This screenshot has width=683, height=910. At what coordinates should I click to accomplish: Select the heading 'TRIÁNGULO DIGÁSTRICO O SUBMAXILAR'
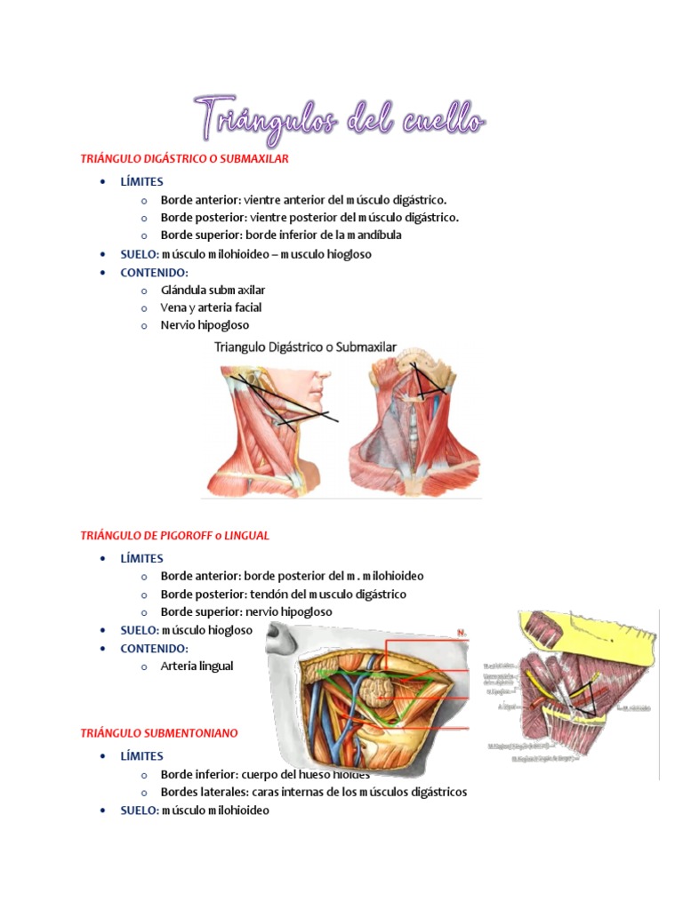click(185, 158)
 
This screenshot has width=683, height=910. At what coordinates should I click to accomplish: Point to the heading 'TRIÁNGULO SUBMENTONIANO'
click(159, 733)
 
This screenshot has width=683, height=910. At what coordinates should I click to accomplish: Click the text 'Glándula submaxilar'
click(213, 290)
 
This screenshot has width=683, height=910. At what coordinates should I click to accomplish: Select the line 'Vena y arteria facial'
click(211, 307)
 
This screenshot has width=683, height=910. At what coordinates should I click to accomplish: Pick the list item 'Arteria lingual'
click(197, 666)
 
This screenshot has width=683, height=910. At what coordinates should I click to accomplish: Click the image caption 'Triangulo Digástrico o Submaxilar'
click(305, 348)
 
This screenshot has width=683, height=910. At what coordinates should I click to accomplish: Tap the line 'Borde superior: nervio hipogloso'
click(246, 612)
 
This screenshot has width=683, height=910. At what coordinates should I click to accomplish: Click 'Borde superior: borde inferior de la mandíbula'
click(281, 235)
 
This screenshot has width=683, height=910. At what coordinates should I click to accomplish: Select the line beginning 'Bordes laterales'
click(313, 792)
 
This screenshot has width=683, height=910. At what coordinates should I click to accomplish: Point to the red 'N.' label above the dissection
click(462, 633)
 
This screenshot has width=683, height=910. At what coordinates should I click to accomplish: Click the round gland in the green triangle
click(378, 690)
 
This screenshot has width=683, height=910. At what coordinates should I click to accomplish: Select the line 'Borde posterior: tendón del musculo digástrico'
click(283, 595)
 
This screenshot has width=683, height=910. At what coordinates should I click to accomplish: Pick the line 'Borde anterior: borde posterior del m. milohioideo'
click(292, 577)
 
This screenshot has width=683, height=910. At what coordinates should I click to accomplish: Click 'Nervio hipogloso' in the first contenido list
click(205, 325)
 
